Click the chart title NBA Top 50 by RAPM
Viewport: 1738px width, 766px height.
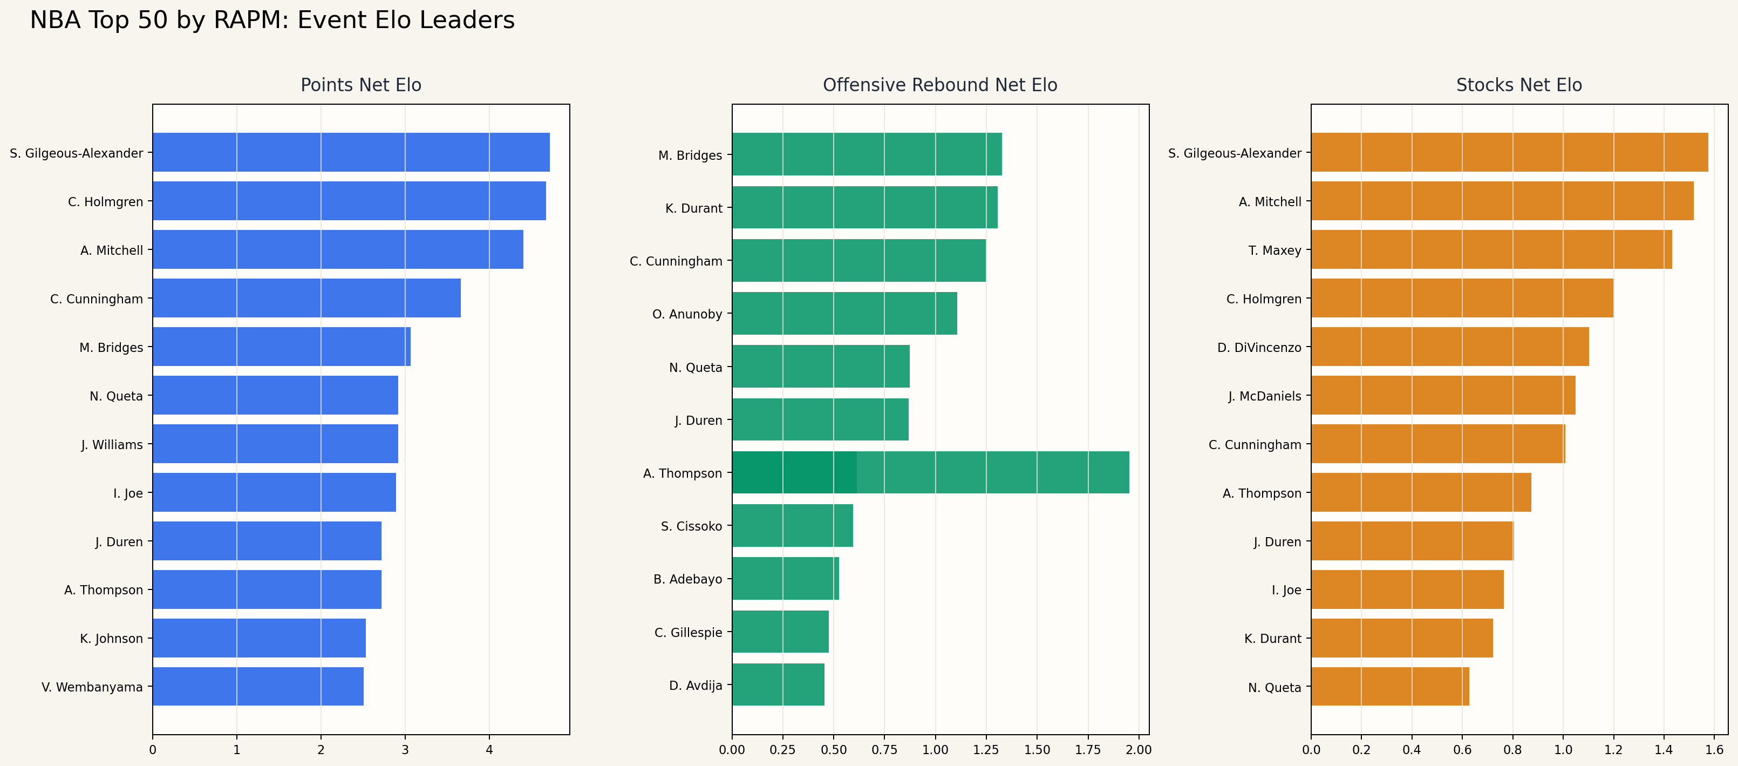[x=272, y=21]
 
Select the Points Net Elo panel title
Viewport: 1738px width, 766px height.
[x=360, y=85]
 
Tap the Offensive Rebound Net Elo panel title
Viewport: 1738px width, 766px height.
[x=940, y=85]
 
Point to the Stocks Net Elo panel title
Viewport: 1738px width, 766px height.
[x=1519, y=85]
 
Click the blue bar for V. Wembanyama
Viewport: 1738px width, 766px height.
[x=258, y=686]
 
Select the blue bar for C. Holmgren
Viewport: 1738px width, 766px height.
[x=349, y=201]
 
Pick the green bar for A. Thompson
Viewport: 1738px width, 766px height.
[x=930, y=472]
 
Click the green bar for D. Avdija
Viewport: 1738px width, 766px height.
[x=778, y=684]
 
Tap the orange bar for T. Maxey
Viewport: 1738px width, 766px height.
[x=1491, y=250]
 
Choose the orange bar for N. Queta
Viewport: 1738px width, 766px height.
[x=1390, y=686]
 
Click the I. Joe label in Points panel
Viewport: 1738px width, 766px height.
[x=128, y=493]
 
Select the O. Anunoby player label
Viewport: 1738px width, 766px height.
[x=687, y=314]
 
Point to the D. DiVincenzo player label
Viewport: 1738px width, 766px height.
[x=1259, y=348]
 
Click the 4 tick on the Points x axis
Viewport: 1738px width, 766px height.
[x=489, y=749]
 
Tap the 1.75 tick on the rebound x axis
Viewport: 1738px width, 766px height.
[x=1088, y=749]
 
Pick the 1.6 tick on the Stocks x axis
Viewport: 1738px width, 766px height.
[x=1714, y=749]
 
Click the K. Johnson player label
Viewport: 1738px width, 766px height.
[x=111, y=639]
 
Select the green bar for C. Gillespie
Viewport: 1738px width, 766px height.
[x=780, y=632]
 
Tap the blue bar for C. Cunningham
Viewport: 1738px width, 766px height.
[x=306, y=299]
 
